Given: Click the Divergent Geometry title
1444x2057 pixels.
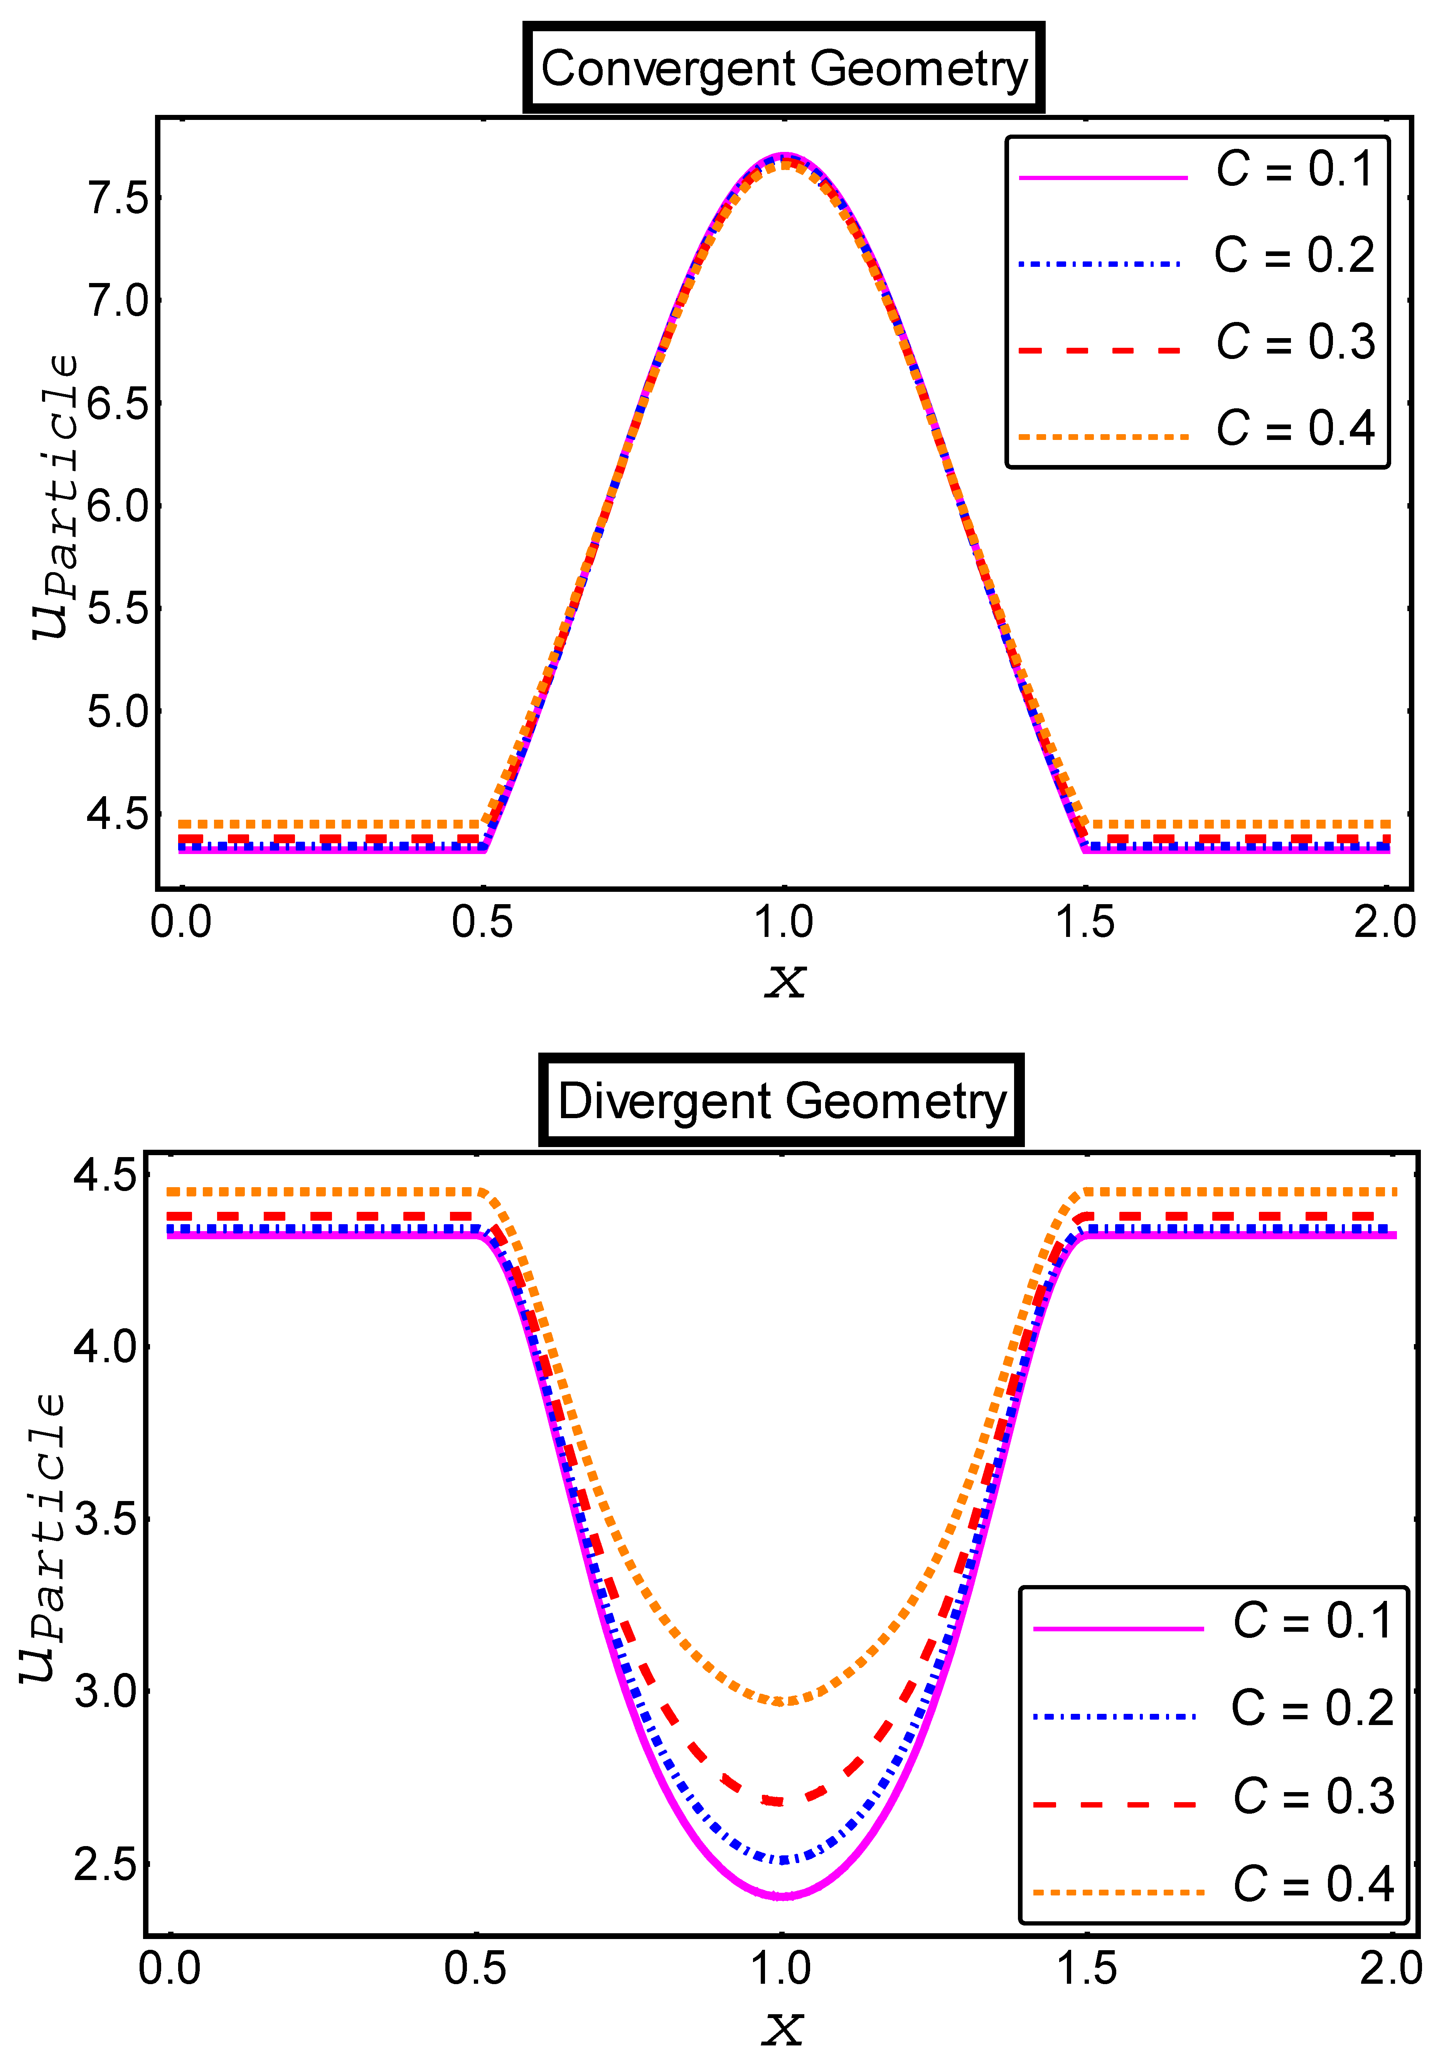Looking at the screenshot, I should pyautogui.click(x=781, y=1101).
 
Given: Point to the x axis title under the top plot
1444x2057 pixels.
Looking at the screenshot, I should pyautogui.click(x=785, y=981).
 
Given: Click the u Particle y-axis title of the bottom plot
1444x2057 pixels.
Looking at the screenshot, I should pyautogui.click(x=43, y=1536).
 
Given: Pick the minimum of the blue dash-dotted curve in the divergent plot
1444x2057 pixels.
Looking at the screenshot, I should pyautogui.click(x=782, y=1860).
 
